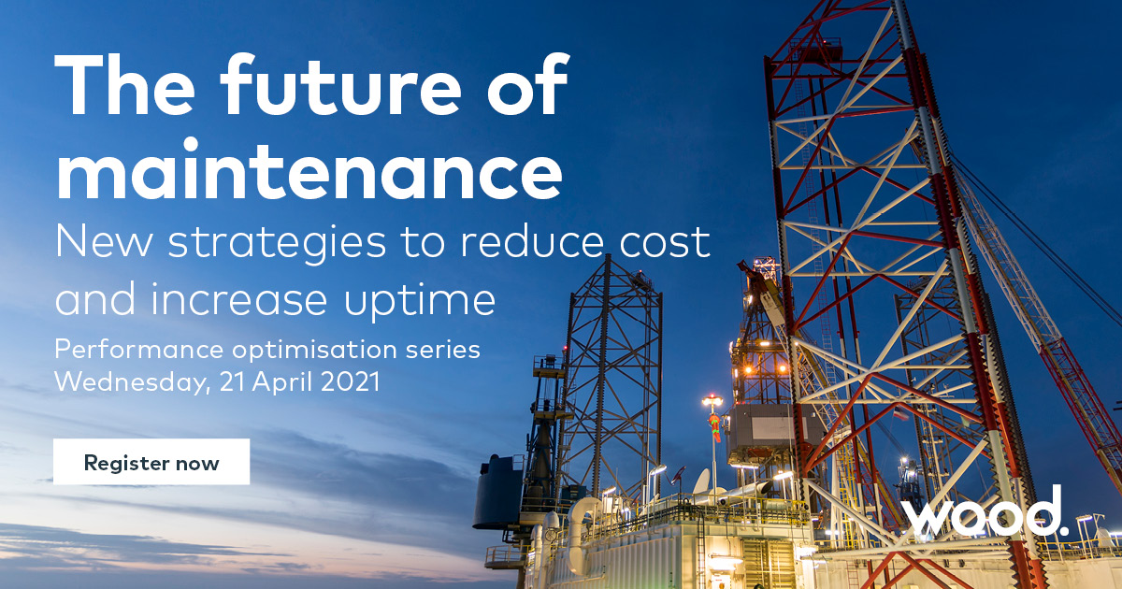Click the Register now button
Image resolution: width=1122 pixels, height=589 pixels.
(x=151, y=462)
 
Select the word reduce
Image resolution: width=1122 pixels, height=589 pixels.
(x=521, y=242)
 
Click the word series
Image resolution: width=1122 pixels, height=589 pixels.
(x=447, y=351)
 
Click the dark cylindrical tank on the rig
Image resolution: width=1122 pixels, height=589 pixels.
(x=497, y=490)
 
